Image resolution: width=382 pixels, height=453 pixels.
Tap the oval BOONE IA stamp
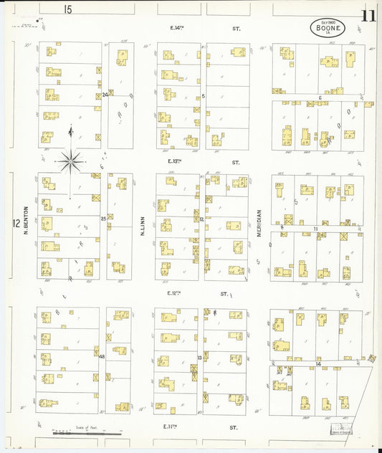click(x=328, y=27)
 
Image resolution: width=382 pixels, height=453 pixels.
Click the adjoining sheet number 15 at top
click(x=67, y=9)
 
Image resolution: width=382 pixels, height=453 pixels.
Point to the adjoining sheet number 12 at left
click(x=15, y=224)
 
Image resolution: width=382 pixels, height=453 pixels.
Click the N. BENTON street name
click(x=24, y=224)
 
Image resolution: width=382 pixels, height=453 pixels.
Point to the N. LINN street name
click(x=143, y=226)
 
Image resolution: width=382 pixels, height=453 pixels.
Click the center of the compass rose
click(x=70, y=161)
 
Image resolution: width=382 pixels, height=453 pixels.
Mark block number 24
click(x=105, y=94)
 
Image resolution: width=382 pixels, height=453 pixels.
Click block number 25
click(x=104, y=218)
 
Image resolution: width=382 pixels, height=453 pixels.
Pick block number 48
click(x=102, y=356)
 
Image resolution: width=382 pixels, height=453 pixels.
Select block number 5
click(x=204, y=95)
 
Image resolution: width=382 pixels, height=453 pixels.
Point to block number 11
click(x=315, y=228)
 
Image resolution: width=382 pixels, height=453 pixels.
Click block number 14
click(x=317, y=363)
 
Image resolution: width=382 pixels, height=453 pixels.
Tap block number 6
click(x=320, y=97)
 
